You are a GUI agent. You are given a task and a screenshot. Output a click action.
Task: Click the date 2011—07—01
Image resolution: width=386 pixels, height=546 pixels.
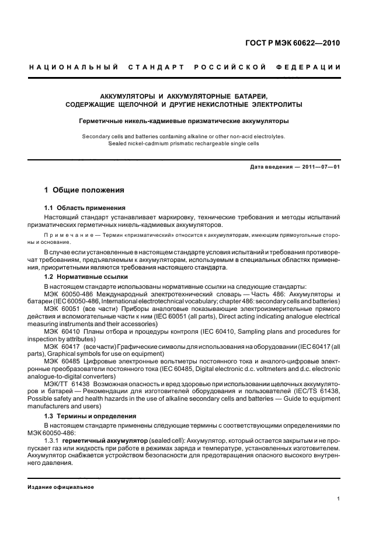pyautogui.click(x=319, y=167)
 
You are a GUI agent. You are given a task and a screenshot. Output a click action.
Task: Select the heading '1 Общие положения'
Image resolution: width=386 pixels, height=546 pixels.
pyautogui.click(x=84, y=191)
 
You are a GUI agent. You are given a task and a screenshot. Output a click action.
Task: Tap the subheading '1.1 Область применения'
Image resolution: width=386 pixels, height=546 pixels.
pyautogui.click(x=84, y=208)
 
